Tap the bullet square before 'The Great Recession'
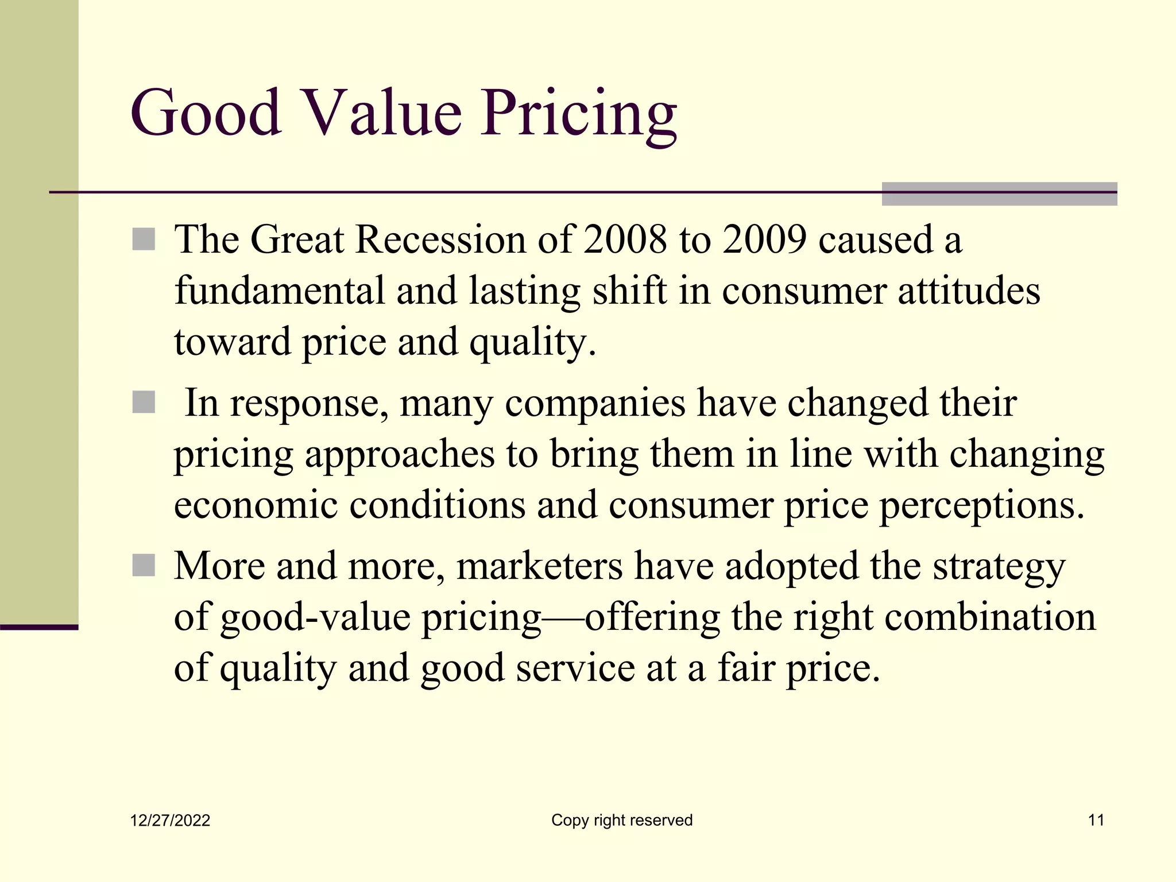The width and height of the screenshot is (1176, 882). pyautogui.click(x=144, y=239)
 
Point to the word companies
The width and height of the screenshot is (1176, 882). pyautogui.click(x=595, y=403)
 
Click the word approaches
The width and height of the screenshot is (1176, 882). pyautogui.click(x=399, y=454)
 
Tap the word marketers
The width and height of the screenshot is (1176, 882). pyautogui.click(x=539, y=566)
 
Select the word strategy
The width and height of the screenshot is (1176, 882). pyautogui.click(x=999, y=567)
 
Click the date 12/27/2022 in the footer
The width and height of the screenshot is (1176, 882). pyautogui.click(x=170, y=821)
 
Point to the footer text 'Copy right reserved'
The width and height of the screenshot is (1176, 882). pyautogui.click(x=622, y=820)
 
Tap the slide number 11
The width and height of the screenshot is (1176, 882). pyautogui.click(x=1096, y=820)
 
